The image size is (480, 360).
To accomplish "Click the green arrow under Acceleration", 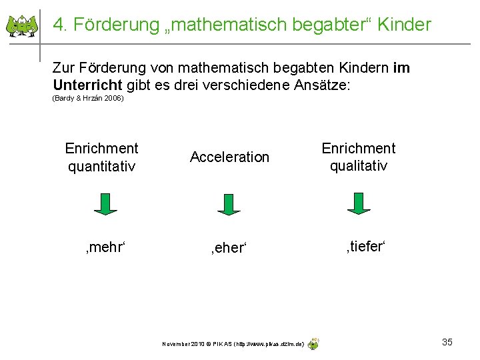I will click(x=229, y=204).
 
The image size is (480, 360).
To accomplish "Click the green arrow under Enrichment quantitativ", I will click(x=105, y=204).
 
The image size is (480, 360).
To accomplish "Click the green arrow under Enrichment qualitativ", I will click(x=359, y=203).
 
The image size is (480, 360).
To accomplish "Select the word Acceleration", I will click(x=229, y=157).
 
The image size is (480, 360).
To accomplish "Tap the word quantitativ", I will click(x=101, y=166).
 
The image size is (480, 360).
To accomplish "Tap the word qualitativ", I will click(x=359, y=166).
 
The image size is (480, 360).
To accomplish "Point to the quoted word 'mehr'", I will click(x=105, y=247).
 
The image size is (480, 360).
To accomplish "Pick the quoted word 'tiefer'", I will click(x=365, y=247).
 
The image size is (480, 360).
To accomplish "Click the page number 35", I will click(x=447, y=342).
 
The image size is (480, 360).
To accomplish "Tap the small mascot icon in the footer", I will click(x=313, y=343).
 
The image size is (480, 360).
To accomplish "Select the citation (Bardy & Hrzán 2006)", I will click(x=88, y=99).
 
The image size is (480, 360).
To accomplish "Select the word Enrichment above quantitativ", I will click(x=101, y=148).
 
